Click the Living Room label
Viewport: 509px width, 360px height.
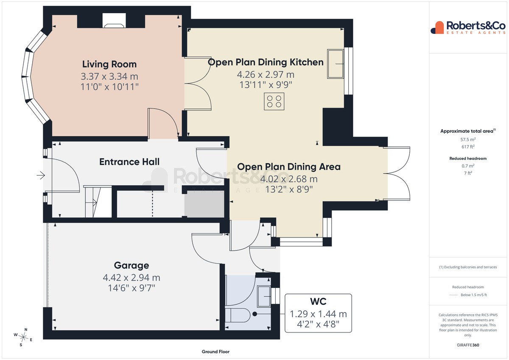click(109, 64)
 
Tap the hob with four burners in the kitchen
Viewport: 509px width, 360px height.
click(274, 101)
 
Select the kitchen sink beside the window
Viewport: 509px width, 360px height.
click(336, 64)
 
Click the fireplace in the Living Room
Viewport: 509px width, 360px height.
click(114, 20)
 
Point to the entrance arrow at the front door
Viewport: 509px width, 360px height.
click(41, 176)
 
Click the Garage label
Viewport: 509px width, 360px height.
click(131, 265)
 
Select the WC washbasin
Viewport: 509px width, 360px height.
click(264, 296)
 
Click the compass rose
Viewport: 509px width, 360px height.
click(23, 337)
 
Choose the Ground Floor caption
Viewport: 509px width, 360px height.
click(215, 352)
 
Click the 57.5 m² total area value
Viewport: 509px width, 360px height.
click(468, 140)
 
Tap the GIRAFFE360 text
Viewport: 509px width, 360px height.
click(468, 345)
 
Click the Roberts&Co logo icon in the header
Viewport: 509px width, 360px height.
click(437, 28)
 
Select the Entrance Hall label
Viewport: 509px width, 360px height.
click(129, 162)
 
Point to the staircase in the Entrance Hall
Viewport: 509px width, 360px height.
click(98, 201)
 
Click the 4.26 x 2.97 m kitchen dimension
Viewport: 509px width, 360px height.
click(266, 75)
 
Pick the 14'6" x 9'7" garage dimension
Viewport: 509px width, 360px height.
click(131, 288)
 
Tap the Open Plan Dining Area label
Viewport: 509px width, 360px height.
click(289, 167)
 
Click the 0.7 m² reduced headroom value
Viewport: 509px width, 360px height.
click(468, 166)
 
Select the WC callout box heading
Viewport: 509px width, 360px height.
click(318, 301)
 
